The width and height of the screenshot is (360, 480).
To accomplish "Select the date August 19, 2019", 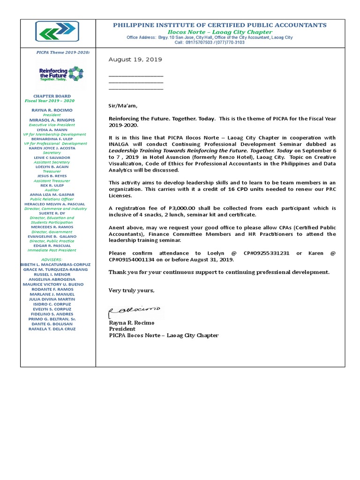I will [135, 60].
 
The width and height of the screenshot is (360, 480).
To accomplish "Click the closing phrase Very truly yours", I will [131, 291].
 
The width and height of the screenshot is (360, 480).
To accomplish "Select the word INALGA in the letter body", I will [120, 144].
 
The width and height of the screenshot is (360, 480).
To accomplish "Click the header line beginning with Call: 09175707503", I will [210, 42].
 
